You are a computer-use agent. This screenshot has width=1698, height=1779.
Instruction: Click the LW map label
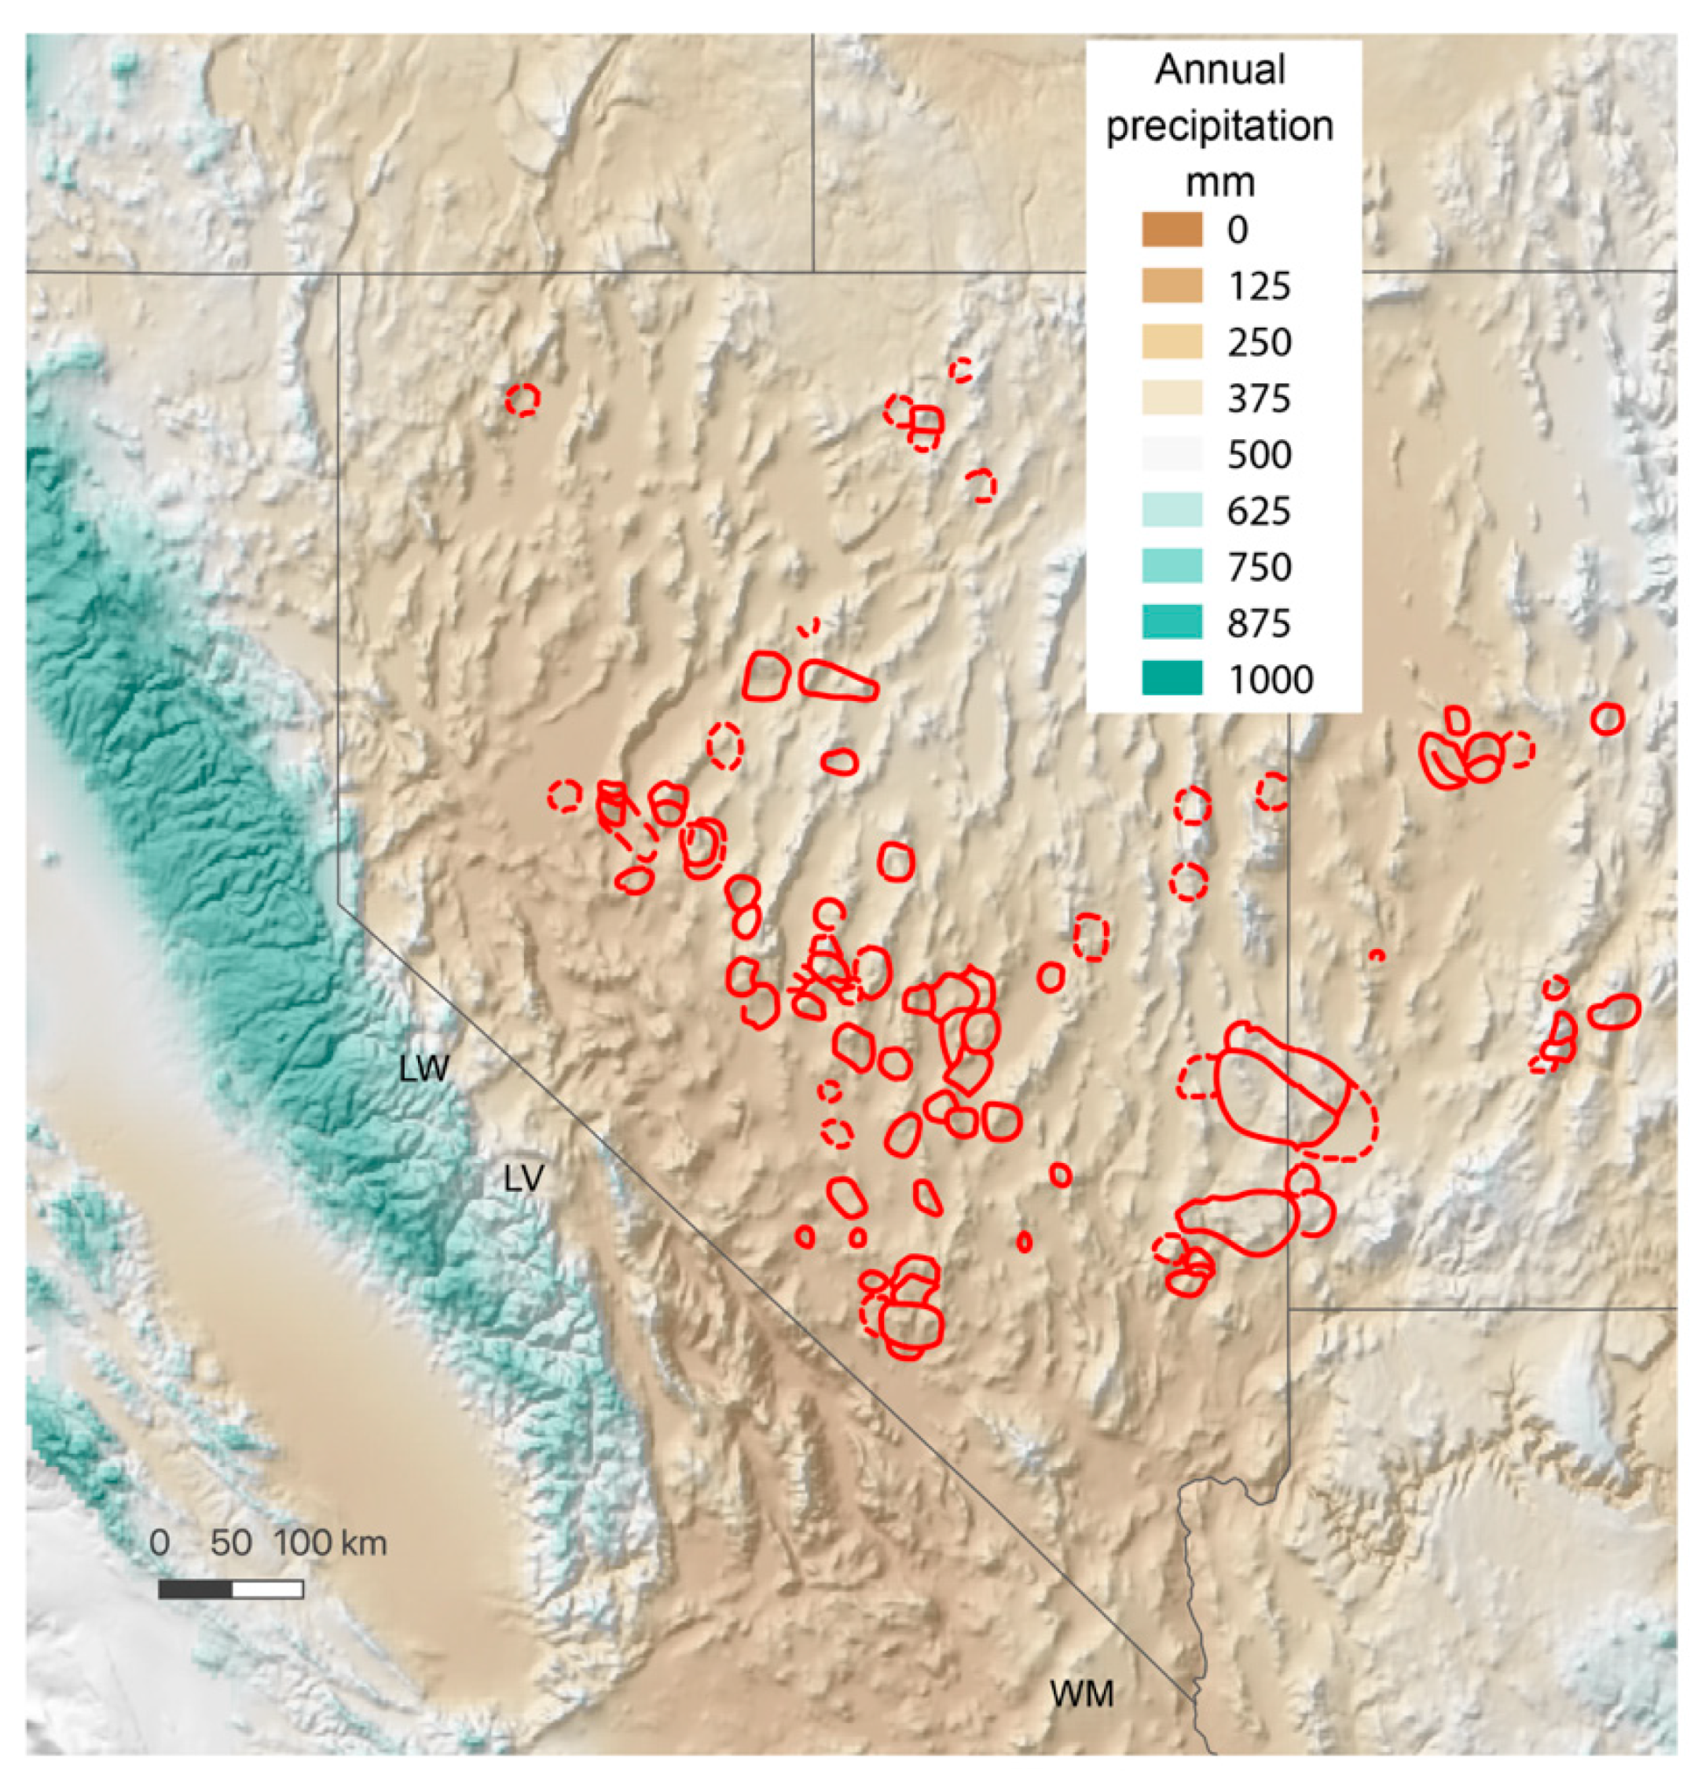[424, 1069]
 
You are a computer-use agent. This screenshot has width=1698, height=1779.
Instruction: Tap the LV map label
[523, 1179]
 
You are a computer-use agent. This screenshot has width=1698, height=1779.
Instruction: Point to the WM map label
[1082, 1694]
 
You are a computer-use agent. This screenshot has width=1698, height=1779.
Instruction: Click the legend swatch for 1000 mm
[1172, 679]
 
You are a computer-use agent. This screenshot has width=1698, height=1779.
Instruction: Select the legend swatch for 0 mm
[1172, 230]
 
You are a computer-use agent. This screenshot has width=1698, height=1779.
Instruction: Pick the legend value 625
[1258, 512]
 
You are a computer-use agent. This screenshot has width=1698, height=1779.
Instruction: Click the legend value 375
[1258, 398]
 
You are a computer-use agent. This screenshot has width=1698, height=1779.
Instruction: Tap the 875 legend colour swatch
[1172, 623]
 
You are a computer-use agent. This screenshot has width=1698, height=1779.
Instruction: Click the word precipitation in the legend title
[1219, 127]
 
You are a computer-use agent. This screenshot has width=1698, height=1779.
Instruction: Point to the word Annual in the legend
[1219, 70]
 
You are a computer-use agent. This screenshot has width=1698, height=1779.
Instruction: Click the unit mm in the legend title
[1219, 183]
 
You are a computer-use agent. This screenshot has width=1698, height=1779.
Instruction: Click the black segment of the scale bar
[195, 1589]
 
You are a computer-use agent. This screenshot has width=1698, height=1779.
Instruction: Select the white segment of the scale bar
[267, 1589]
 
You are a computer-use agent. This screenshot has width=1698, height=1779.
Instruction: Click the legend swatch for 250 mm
[1172, 343]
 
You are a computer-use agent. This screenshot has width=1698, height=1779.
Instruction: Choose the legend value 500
[1258, 454]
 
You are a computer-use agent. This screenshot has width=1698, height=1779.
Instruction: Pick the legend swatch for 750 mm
[1172, 567]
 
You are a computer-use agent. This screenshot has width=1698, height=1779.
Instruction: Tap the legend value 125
[1258, 286]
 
